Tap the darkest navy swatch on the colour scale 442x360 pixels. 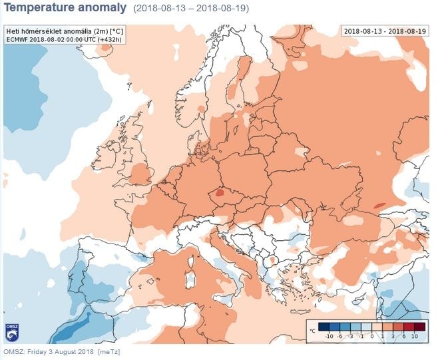(x=323, y=327)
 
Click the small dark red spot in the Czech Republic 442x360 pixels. (x=218, y=194)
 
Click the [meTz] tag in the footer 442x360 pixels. (x=109, y=351)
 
